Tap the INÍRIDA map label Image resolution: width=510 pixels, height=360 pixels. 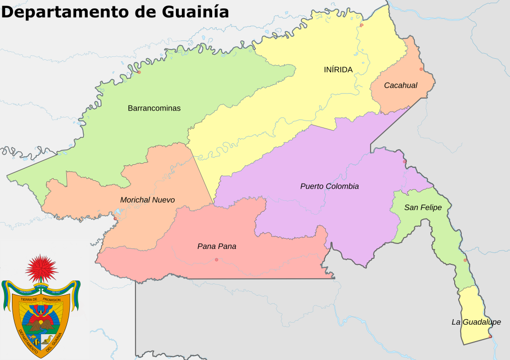(x=338, y=70)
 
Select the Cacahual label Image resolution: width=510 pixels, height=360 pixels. (x=400, y=86)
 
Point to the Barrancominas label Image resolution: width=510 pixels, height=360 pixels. (x=154, y=108)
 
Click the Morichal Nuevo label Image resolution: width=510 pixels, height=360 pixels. (x=147, y=200)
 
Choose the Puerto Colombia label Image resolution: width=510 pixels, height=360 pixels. (x=329, y=186)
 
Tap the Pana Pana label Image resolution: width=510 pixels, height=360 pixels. (x=217, y=246)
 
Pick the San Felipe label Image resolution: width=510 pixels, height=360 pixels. (x=423, y=208)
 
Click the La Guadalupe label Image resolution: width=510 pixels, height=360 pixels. (x=476, y=322)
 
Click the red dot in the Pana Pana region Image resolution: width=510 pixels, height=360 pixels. (x=216, y=259)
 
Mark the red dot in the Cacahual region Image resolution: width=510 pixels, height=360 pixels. (x=421, y=69)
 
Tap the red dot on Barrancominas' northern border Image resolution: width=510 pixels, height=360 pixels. (x=139, y=72)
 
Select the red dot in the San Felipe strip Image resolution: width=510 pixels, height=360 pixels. (x=465, y=260)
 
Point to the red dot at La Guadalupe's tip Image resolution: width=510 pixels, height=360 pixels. (x=490, y=337)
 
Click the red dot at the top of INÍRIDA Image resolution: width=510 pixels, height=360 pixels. (x=362, y=25)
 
